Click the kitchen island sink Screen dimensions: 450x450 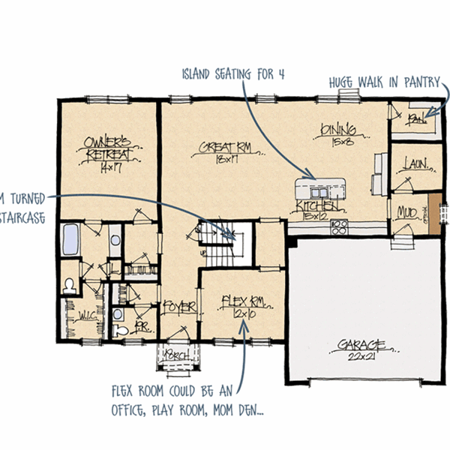(x=325, y=184)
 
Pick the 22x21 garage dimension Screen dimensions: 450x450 (x=361, y=355)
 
